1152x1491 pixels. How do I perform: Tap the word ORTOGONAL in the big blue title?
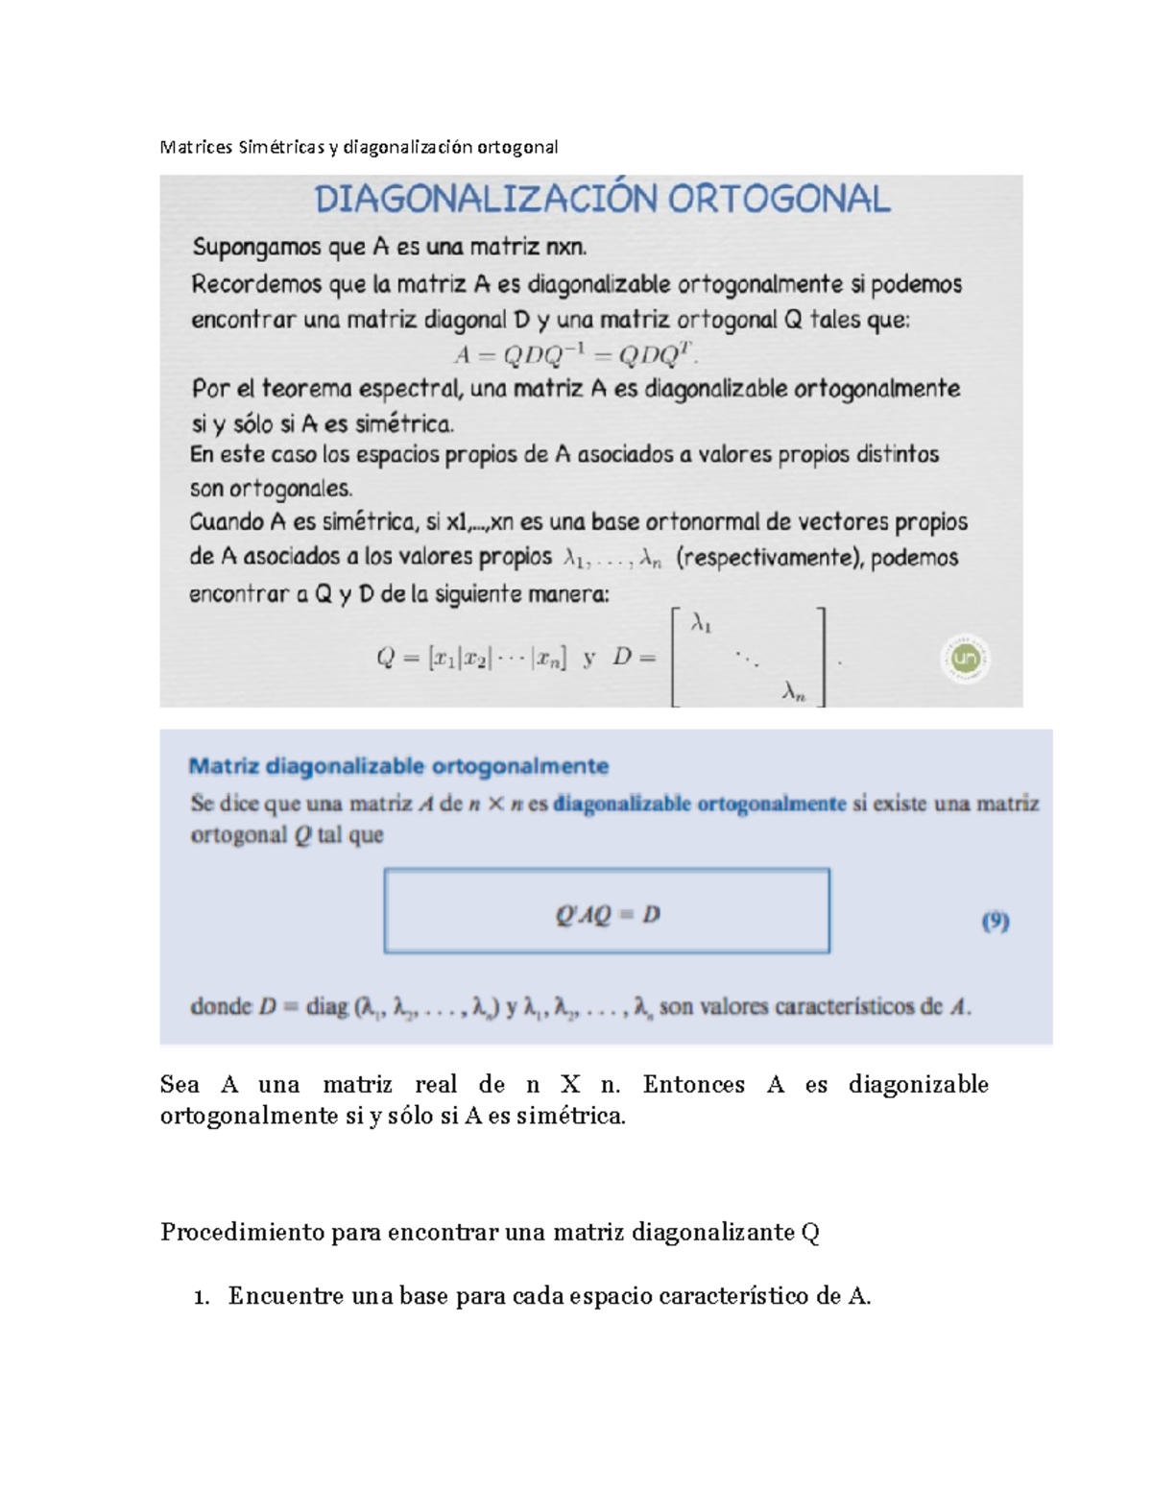coord(779,199)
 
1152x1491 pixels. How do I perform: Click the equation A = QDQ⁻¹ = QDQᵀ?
coord(575,355)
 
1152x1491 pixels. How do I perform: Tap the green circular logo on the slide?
coord(965,659)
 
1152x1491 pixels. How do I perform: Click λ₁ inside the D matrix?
coord(701,625)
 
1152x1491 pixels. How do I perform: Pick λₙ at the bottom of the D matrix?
coord(793,691)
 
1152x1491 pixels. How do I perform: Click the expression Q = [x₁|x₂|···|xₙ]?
coord(470,659)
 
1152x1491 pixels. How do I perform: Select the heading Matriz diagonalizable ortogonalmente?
coord(398,766)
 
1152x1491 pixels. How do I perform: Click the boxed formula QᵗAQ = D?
coord(607,914)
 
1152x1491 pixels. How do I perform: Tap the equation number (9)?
coord(996,922)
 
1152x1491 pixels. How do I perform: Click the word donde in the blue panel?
coord(221,1007)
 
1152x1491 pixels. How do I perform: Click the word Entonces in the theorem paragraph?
coord(694,1085)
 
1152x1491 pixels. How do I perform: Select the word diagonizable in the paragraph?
coord(919,1085)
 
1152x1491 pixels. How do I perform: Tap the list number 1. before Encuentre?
coord(201,1298)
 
